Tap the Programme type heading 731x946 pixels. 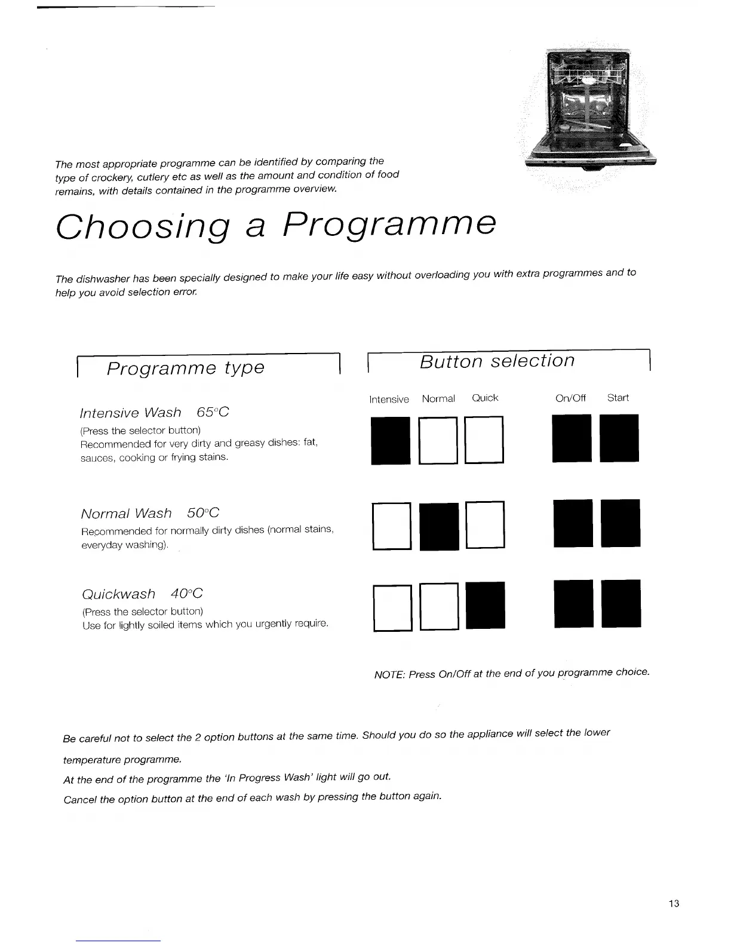tap(185, 368)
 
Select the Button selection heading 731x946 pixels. tap(497, 361)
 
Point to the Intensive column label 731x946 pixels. tap(389, 400)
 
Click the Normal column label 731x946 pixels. tap(438, 399)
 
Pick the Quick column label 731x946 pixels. tap(485, 398)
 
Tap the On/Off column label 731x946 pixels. tap(570, 398)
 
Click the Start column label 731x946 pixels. tap(618, 398)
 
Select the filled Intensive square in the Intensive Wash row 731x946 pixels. tap(391, 440)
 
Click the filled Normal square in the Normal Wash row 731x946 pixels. tap(440, 526)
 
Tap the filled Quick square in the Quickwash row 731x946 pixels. tap(486, 605)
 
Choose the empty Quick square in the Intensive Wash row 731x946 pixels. tap(484, 440)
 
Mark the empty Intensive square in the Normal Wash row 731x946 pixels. tap(392, 526)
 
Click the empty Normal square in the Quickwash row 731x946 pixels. tap(439, 606)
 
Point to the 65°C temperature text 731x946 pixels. tap(213, 413)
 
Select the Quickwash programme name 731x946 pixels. tap(118, 594)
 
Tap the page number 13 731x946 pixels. tap(674, 904)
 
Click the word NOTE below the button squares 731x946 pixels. tap(389, 675)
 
